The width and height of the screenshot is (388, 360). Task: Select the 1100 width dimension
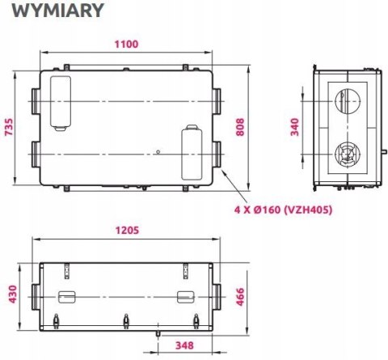[x=125, y=44]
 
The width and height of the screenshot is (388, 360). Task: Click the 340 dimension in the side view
[x=294, y=127]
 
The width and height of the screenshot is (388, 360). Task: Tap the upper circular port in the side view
[x=346, y=102]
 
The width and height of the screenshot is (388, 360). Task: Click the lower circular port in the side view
[x=346, y=153]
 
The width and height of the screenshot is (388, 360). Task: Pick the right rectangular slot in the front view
[x=185, y=294]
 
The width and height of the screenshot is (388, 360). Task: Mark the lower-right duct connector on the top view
[x=217, y=153]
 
